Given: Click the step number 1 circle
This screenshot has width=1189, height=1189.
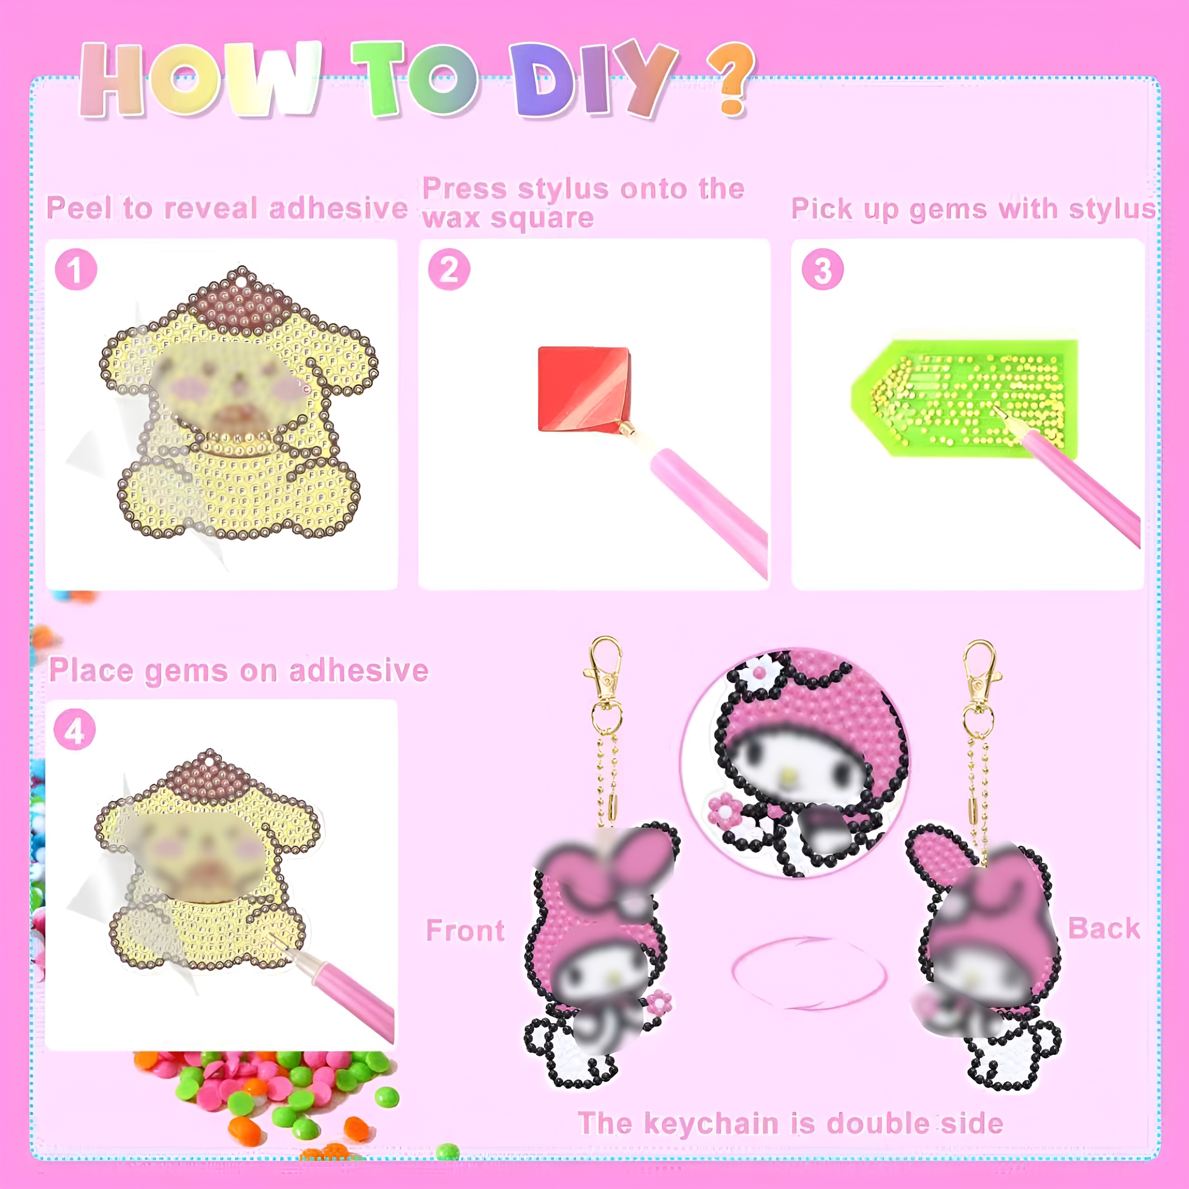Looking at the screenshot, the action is pos(76,269).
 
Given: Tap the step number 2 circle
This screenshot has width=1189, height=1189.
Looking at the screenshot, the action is pos(449,269).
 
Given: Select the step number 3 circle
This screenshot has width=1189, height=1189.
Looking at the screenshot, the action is pos(822,269).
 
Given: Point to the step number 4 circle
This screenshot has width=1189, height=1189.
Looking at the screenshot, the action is pos(74,730).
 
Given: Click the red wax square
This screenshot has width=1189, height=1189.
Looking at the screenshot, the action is pos(583,388).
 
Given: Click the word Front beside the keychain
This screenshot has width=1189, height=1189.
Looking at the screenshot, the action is pos(465,930).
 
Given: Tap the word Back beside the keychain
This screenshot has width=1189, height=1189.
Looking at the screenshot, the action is pos(1104,928).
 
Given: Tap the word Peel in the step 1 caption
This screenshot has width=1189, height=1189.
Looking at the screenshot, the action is pos(81,208).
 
